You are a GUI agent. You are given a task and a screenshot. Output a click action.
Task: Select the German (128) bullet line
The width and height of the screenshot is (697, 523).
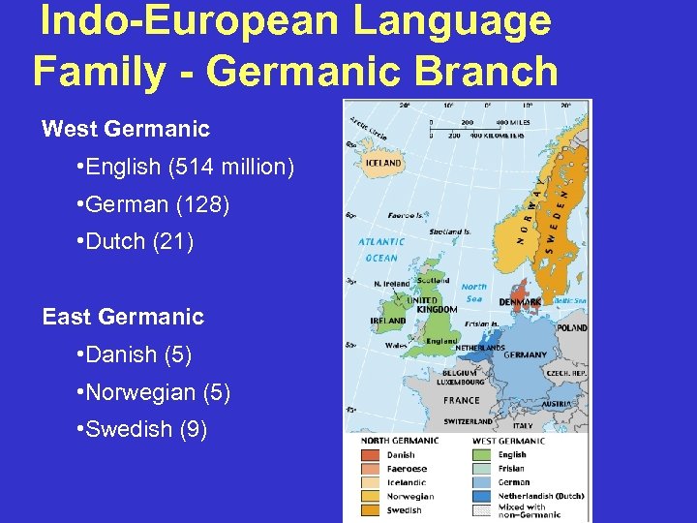(x=152, y=205)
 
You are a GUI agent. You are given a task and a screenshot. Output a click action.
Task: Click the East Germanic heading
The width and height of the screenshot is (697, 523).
(x=123, y=317)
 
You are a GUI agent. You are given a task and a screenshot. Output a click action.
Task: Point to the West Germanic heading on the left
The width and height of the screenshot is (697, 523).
(x=126, y=129)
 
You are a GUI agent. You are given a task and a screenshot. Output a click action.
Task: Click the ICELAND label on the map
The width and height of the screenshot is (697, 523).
(x=383, y=164)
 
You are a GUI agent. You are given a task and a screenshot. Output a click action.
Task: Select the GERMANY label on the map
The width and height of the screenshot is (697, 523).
(x=526, y=355)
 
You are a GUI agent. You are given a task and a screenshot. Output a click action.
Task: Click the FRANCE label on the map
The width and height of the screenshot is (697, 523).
(x=462, y=400)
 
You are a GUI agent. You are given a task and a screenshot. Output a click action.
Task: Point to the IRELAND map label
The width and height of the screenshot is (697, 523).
(x=388, y=322)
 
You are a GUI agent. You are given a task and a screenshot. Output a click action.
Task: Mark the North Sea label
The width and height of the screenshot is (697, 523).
(x=474, y=292)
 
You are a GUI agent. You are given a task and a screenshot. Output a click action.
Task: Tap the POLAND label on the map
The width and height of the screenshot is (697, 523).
(x=571, y=328)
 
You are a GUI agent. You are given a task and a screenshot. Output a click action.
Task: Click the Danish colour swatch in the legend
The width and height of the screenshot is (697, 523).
(x=371, y=454)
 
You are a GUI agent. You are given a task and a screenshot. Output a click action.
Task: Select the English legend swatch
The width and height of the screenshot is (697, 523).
(x=482, y=454)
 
